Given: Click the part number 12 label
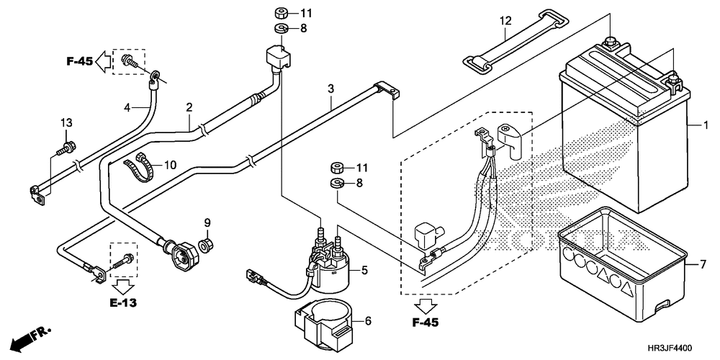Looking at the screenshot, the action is (x=505, y=21).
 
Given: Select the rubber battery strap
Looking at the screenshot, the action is (x=516, y=41).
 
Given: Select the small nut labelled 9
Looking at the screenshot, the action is (x=206, y=244).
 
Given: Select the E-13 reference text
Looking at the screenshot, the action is (x=122, y=302).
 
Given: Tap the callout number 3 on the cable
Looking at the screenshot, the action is (x=330, y=88).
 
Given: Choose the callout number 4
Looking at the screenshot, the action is (x=128, y=108).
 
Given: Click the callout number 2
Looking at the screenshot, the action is (x=189, y=108).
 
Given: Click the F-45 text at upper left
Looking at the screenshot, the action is (x=80, y=60).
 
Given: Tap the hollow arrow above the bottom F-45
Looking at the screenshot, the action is (x=426, y=306).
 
